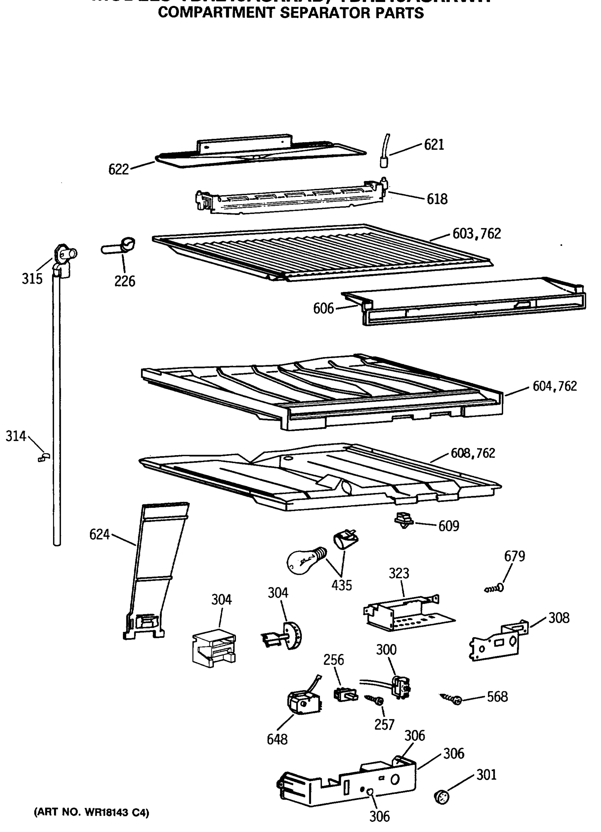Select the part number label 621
434,145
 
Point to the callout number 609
449,526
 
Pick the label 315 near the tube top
32,279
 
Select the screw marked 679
494,588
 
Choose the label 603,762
476,234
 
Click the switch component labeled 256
345,694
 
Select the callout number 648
277,739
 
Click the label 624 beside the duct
99,535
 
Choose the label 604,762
555,386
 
